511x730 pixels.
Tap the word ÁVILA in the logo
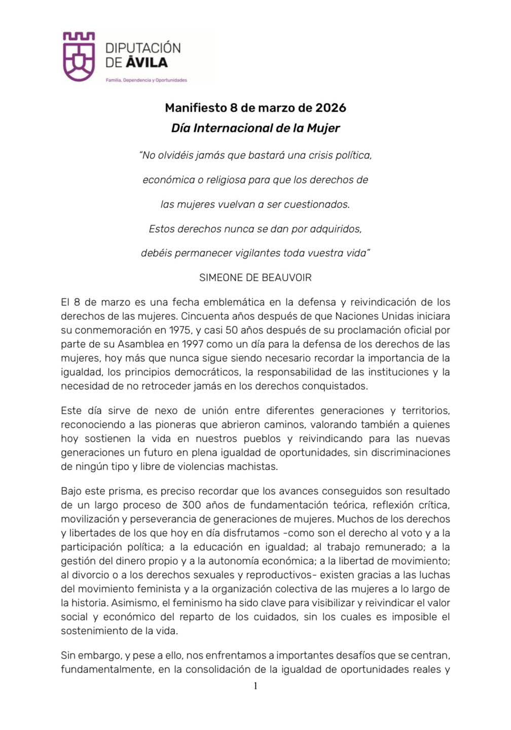tap(147, 63)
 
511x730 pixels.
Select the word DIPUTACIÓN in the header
tap(142, 48)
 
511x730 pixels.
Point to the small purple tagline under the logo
tap(146, 80)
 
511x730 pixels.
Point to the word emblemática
tap(234, 303)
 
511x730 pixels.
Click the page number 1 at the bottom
tap(255, 686)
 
